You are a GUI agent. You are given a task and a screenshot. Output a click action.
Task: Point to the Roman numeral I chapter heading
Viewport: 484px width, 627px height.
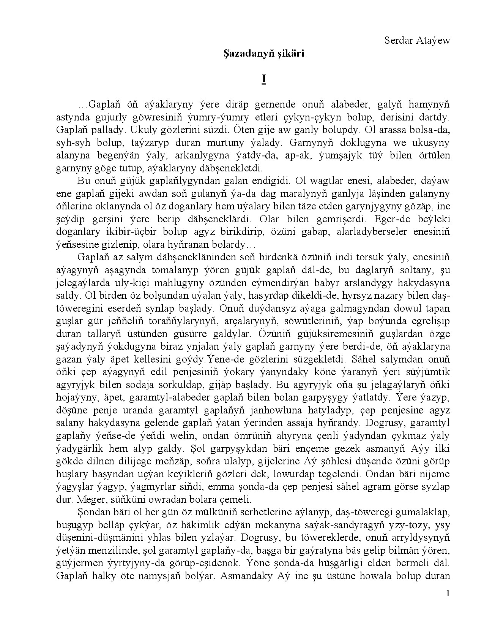click(264, 79)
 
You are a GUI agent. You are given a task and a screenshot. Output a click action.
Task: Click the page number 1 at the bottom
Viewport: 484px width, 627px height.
click(448, 594)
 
